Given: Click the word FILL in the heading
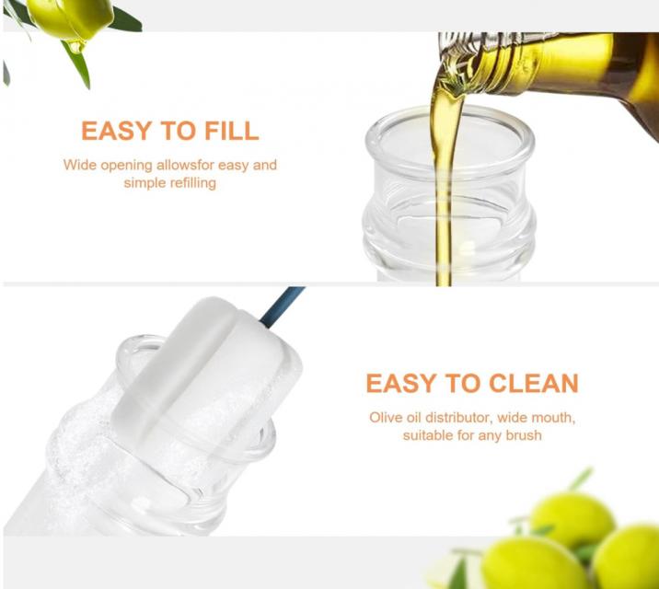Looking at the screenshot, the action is [x=231, y=131].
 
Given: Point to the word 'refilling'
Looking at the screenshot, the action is [x=193, y=183].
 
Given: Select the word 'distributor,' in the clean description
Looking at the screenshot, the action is [x=458, y=418].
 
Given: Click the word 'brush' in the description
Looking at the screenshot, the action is [x=524, y=435].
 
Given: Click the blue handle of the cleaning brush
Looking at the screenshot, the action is [x=282, y=306].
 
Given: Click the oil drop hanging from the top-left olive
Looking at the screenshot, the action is [x=76, y=45].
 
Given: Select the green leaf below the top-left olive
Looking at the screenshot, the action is [x=77, y=65].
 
